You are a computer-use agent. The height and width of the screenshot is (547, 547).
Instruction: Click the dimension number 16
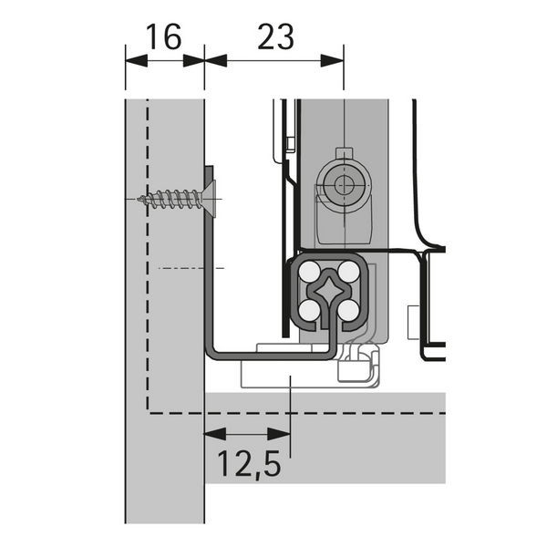coord(164,36)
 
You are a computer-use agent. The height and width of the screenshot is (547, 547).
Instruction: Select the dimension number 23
coord(275,36)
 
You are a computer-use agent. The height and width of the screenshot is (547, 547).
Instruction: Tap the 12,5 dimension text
coord(249,465)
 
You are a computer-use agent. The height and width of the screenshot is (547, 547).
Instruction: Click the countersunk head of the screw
coord(208,199)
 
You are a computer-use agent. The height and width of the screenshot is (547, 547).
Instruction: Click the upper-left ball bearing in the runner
coord(309,272)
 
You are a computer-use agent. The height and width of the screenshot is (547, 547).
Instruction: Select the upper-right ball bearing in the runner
coord(349,271)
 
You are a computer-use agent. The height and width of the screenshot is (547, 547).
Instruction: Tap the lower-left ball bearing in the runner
coord(309,311)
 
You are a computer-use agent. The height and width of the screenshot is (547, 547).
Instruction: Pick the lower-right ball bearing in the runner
coord(349,311)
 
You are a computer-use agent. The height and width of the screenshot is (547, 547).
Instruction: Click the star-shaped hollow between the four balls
coord(329,290)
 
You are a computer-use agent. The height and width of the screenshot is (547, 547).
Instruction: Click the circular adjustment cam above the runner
coord(344,186)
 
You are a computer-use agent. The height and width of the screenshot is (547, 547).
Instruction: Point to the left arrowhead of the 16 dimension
coord(136,61)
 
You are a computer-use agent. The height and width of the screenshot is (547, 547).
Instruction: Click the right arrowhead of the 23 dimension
coord(332,61)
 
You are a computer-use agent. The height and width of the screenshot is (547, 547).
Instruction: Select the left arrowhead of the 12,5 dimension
coord(215,434)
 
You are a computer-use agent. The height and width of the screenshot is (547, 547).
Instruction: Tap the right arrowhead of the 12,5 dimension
coord(279,434)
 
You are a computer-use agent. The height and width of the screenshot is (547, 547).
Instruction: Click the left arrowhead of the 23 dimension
coord(215,61)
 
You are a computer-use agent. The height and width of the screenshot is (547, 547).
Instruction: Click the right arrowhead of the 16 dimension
coord(193,61)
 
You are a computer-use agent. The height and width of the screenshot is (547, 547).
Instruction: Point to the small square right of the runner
coord(413,323)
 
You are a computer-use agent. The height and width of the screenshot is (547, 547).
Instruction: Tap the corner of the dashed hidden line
coord(148,413)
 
